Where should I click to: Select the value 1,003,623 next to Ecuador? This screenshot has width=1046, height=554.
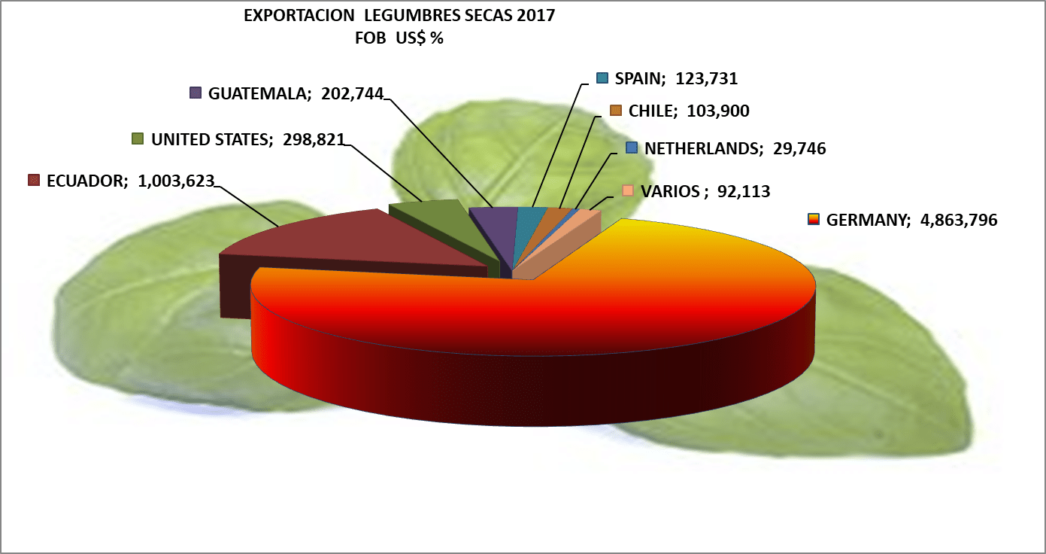177,181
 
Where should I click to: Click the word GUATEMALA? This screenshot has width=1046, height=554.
259,93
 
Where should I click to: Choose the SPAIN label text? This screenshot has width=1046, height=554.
639,78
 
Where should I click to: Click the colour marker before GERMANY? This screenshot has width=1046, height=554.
813,220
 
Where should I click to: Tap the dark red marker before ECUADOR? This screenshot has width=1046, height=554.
33,181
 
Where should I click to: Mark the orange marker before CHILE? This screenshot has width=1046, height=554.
615,111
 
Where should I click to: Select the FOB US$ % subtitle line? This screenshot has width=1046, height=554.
399,39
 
